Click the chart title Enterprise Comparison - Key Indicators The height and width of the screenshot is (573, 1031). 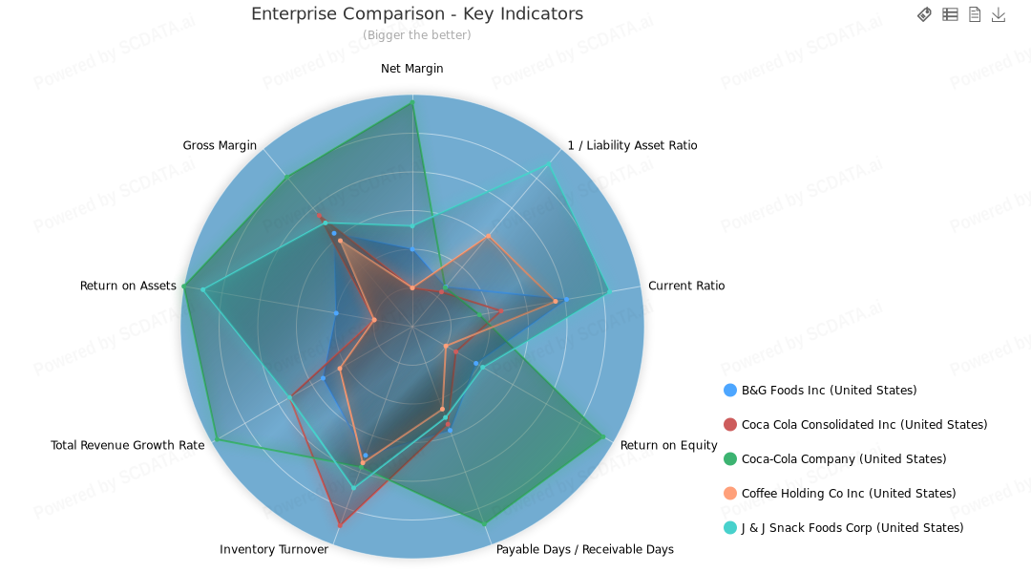[x=417, y=14]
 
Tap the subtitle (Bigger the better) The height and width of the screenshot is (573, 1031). [x=417, y=35]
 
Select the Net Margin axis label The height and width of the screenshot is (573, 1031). [x=412, y=69]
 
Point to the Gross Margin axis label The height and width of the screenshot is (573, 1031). [x=220, y=145]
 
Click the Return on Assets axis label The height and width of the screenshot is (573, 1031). [x=128, y=286]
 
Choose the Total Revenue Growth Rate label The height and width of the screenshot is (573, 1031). [x=128, y=445]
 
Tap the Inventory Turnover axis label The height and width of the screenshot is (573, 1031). [x=274, y=549]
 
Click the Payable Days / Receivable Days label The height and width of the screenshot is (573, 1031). [x=585, y=549]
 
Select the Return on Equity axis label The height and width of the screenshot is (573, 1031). [x=668, y=445]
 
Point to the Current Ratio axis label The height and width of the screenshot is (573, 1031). [x=686, y=286]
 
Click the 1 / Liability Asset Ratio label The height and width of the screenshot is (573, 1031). [x=632, y=145]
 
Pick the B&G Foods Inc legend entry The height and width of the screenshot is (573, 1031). [x=829, y=390]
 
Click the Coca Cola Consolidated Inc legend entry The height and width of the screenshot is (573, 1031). [x=864, y=424]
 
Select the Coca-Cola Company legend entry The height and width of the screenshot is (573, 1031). [x=844, y=458]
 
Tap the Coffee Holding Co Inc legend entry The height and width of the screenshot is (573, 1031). [x=849, y=493]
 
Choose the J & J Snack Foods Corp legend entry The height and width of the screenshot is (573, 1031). [x=852, y=527]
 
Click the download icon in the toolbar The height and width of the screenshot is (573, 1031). [x=999, y=14]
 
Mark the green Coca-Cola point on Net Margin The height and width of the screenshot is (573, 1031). [x=412, y=104]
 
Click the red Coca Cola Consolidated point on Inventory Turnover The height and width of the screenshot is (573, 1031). [x=340, y=525]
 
